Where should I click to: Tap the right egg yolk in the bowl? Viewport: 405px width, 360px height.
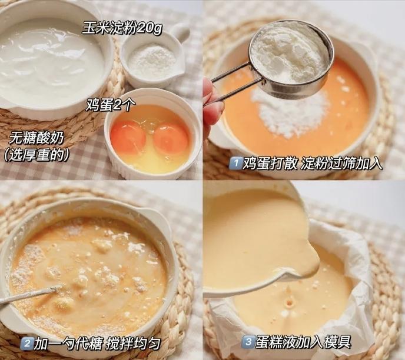(x=171, y=139)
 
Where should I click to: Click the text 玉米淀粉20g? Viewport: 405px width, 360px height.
(x=122, y=28)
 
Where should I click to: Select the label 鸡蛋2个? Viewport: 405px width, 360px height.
(x=111, y=105)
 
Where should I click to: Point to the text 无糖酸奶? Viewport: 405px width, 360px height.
(x=36, y=139)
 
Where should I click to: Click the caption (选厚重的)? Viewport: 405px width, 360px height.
(x=36, y=155)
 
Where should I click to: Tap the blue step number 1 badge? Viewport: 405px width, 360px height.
(x=235, y=164)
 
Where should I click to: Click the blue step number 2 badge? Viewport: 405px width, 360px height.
(x=26, y=343)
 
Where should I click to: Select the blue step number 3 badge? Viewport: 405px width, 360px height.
(x=248, y=342)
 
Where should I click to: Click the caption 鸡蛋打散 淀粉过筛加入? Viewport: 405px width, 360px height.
(x=312, y=164)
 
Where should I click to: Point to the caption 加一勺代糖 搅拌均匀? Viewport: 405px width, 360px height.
(x=97, y=344)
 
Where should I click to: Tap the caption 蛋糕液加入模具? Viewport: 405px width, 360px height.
(x=303, y=342)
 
